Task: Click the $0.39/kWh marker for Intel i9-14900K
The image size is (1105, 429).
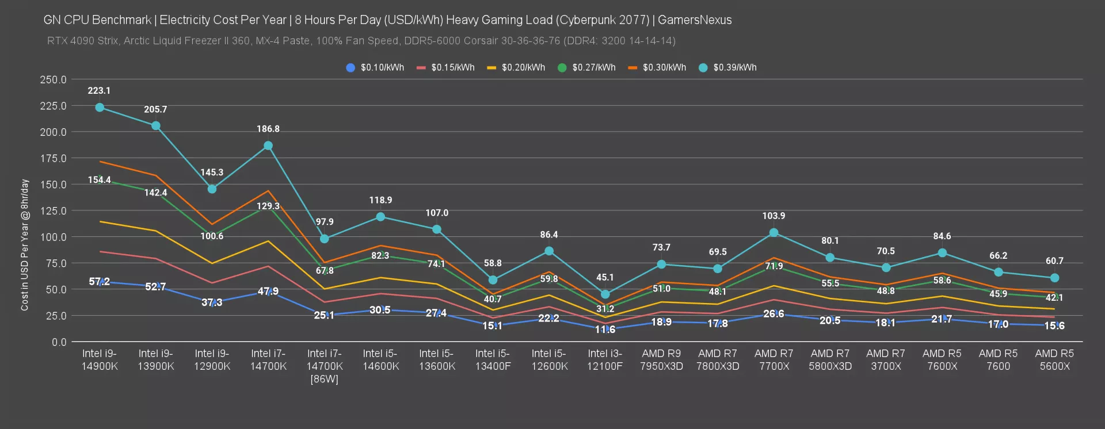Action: (100, 108)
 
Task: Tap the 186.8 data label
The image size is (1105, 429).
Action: (268, 129)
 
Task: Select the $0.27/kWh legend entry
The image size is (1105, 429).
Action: (586, 68)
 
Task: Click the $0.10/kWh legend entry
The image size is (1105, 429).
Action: (375, 68)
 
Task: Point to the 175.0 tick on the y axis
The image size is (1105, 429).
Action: (53, 158)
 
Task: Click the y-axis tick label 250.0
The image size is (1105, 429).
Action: (53, 79)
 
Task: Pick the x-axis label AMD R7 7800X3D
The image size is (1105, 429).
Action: (718, 360)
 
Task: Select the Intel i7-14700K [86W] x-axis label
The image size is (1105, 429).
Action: (325, 366)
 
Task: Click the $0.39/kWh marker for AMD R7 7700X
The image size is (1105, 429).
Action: (773, 233)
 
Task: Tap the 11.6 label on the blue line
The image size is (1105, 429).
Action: (605, 330)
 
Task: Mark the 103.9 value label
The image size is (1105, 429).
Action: (773, 216)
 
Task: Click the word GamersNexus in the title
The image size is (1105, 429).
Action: (695, 20)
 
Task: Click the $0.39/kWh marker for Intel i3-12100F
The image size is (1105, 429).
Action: (605, 294)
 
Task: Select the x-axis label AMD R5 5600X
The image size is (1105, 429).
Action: (1054, 360)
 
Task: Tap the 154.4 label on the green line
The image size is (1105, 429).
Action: (100, 180)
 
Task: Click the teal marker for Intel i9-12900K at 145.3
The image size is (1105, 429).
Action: (212, 189)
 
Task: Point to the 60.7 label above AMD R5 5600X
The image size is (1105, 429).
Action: (1054, 261)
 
